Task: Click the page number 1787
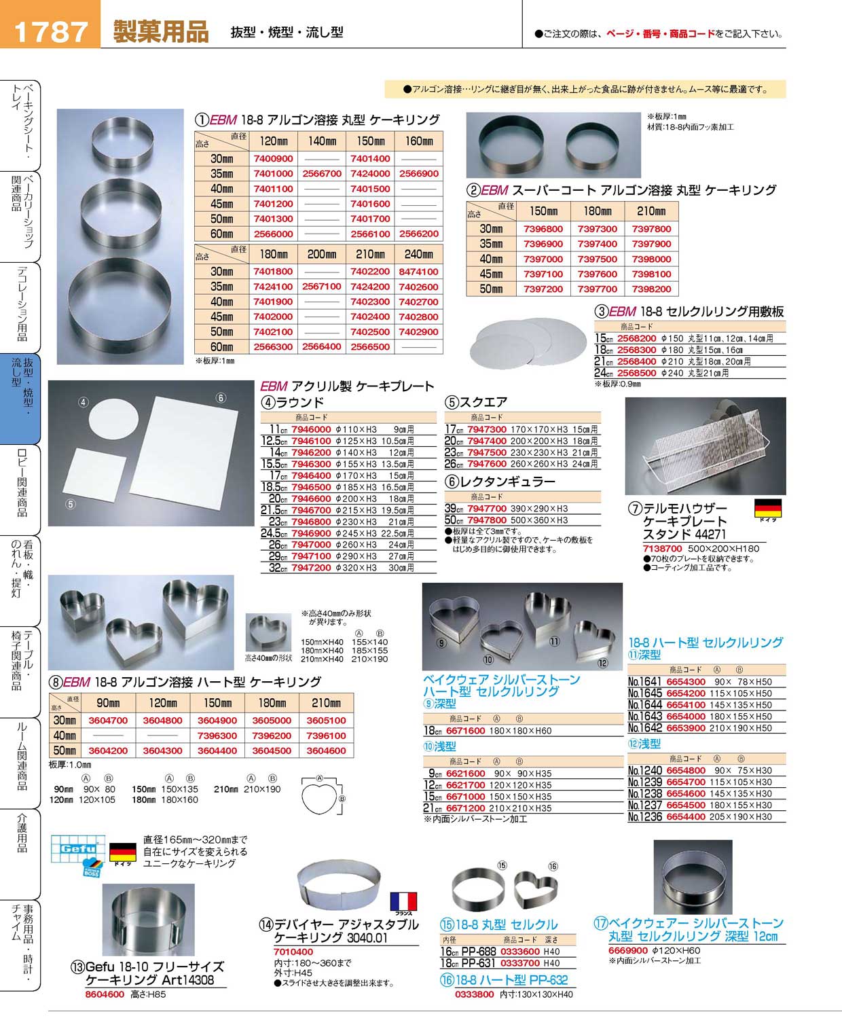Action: (50, 32)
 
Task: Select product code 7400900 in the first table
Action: (273, 158)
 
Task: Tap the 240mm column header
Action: (418, 254)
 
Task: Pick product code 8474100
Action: (418, 272)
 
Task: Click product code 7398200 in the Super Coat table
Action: (651, 289)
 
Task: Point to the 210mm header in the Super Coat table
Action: (651, 211)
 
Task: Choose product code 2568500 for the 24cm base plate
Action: (636, 373)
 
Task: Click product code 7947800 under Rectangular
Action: (486, 520)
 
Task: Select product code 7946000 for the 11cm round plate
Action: (311, 429)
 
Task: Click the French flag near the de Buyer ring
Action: (403, 902)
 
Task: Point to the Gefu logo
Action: (78, 854)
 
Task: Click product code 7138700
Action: (662, 548)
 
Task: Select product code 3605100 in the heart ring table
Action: (326, 721)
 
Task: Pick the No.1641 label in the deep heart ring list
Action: (644, 682)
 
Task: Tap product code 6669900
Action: (627, 951)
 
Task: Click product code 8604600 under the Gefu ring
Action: (105, 994)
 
